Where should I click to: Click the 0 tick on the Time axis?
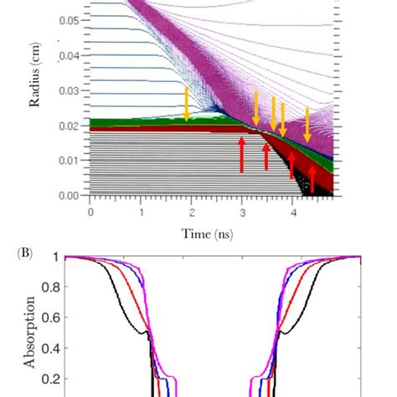[x=90, y=212]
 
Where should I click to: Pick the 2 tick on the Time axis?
[x=192, y=212]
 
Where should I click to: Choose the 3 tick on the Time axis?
[x=242, y=212]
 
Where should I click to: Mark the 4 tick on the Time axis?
[x=293, y=212]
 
